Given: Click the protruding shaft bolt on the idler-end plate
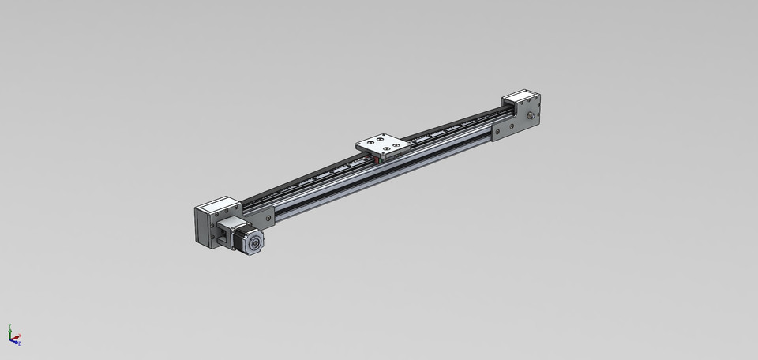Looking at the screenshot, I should (530, 117).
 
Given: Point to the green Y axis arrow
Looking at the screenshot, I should (9, 329).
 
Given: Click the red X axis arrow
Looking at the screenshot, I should (17, 340).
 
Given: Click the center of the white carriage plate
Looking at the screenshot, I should (383, 145).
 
